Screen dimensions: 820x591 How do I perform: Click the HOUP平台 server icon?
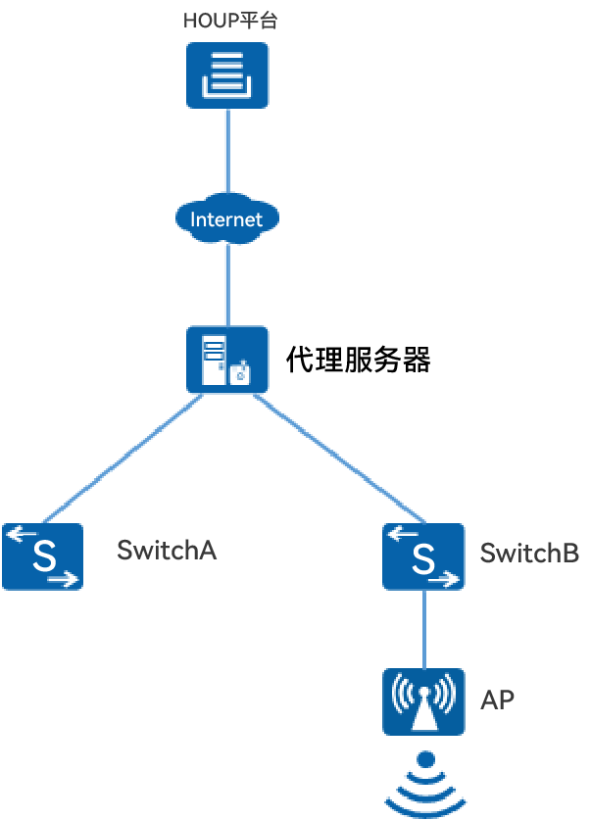tap(227, 75)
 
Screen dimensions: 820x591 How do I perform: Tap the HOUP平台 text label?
tap(230, 20)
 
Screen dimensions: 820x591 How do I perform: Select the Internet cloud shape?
tap(227, 217)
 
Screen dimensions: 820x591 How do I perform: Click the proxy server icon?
tap(227, 361)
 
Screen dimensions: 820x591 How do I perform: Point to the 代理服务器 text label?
tap(359, 360)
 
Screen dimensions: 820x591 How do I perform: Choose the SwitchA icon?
tap(42, 555)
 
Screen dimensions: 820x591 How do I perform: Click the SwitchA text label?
tap(166, 550)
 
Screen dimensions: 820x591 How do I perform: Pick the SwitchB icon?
tap(423, 555)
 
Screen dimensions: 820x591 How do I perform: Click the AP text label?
tap(497, 699)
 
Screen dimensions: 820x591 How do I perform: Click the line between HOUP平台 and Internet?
tap(227, 152)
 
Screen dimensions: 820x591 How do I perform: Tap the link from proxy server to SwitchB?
tap(338, 457)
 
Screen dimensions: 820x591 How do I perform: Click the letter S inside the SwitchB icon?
tap(423, 558)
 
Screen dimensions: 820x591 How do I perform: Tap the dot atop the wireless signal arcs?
tap(424, 759)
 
